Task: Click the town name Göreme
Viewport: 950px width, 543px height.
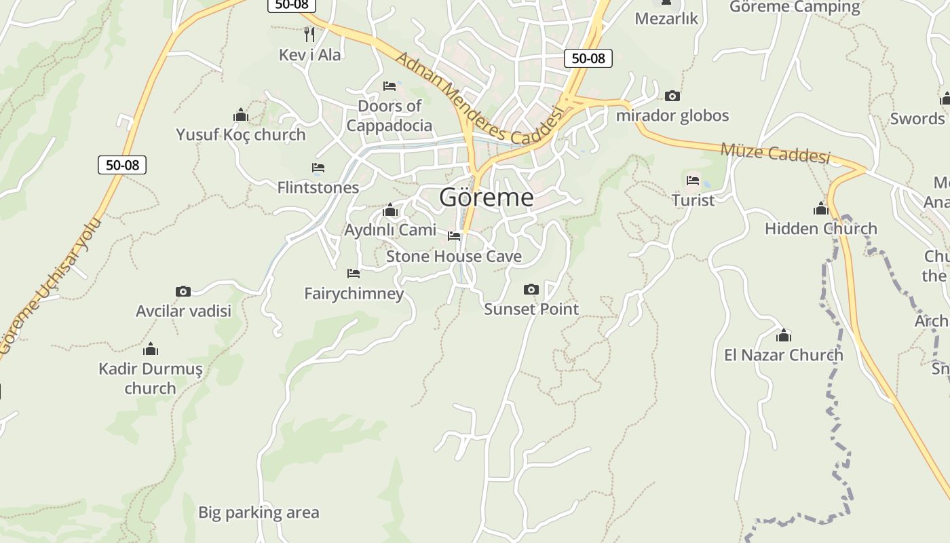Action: pyautogui.click(x=486, y=198)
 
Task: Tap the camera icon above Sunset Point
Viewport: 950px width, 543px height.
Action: pyautogui.click(x=531, y=290)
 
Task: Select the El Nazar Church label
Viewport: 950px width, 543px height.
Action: pyautogui.click(x=783, y=355)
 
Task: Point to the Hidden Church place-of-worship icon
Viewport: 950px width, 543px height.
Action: pyautogui.click(x=821, y=209)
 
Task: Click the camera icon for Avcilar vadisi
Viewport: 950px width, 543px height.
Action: pyautogui.click(x=183, y=291)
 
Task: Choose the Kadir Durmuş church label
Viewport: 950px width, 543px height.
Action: pyautogui.click(x=150, y=379)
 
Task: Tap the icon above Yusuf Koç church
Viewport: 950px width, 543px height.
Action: pyautogui.click(x=241, y=115)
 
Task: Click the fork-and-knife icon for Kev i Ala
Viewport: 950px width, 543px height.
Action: pyautogui.click(x=309, y=34)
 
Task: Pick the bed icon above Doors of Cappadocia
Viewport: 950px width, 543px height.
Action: pyautogui.click(x=389, y=86)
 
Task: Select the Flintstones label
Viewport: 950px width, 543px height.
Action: pyautogui.click(x=318, y=187)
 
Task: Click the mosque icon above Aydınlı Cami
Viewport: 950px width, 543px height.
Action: pyautogui.click(x=389, y=210)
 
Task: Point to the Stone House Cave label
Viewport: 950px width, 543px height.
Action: pyautogui.click(x=453, y=257)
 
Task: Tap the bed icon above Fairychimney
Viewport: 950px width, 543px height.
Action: pyautogui.click(x=354, y=274)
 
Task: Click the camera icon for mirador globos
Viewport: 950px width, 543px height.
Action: pyautogui.click(x=672, y=96)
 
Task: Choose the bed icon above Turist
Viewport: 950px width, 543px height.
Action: pyautogui.click(x=693, y=181)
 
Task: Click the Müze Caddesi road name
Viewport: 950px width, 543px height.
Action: pyautogui.click(x=775, y=153)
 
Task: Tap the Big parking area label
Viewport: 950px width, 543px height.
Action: pyautogui.click(x=258, y=512)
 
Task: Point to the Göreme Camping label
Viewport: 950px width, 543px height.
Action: pyautogui.click(x=795, y=7)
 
